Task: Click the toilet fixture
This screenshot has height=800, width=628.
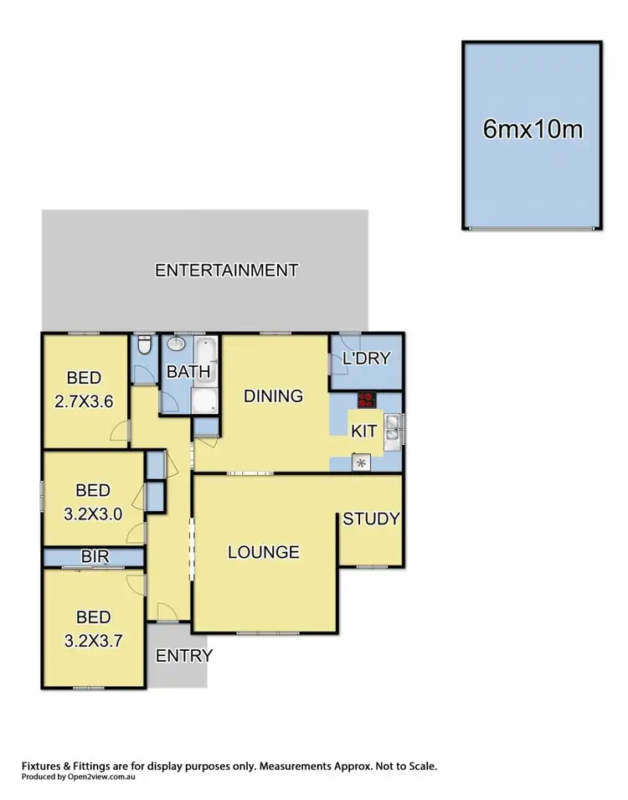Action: click(x=143, y=345)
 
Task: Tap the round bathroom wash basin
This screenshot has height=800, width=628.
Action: click(x=178, y=344)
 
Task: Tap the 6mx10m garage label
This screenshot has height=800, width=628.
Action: click(x=533, y=130)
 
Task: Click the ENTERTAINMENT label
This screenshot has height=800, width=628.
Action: click(x=227, y=271)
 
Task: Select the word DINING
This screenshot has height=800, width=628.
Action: click(x=273, y=396)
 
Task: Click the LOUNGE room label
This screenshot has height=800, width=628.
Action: click(x=264, y=552)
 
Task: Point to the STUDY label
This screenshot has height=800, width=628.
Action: click(x=371, y=519)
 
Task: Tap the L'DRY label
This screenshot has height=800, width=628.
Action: click(x=367, y=359)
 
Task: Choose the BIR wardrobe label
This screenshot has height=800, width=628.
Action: click(x=93, y=556)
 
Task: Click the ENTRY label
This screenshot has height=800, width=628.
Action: click(x=184, y=655)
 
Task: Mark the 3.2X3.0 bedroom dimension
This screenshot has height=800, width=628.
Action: click(x=93, y=514)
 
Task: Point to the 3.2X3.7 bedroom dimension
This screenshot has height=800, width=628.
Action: click(x=93, y=642)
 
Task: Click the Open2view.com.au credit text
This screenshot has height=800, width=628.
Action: click(x=79, y=777)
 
